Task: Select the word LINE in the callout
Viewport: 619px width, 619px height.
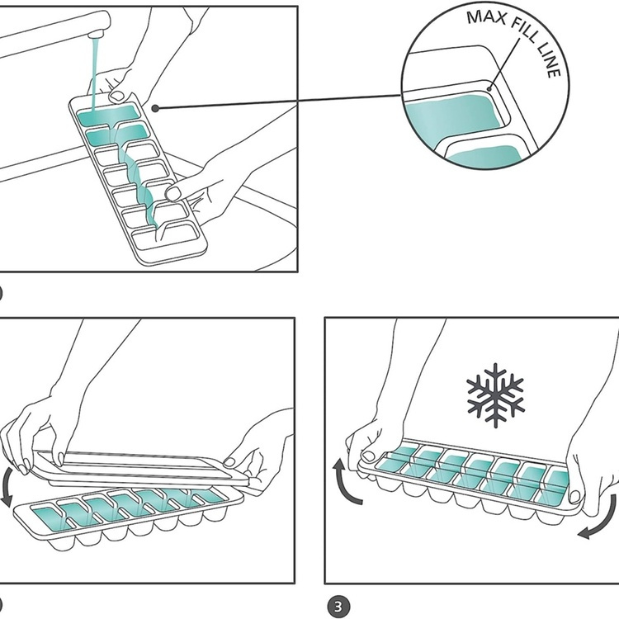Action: point(553,64)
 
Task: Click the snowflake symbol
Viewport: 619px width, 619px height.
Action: point(495,395)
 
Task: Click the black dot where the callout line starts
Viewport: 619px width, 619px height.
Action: point(155,108)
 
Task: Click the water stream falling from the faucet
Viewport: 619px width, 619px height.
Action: point(97,74)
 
